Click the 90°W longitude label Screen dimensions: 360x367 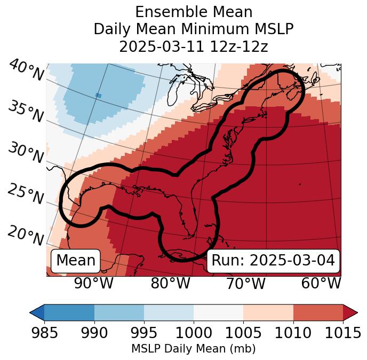pyautogui.click(x=93, y=284)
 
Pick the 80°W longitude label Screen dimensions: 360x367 pyautogui.click(x=170, y=284)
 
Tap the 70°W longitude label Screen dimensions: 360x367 pyautogui.click(x=246, y=284)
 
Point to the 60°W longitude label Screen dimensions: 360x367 pyautogui.click(x=321, y=284)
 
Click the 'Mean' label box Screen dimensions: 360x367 pyautogui.click(x=76, y=261)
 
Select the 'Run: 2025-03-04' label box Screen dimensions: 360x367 pyautogui.click(x=273, y=261)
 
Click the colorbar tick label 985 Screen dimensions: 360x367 pyautogui.click(x=44, y=333)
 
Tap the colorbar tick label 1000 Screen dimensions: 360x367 pyautogui.click(x=194, y=333)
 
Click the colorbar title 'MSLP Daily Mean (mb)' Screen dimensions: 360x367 pyautogui.click(x=193, y=349)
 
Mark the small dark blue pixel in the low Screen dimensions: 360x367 pyautogui.click(x=98, y=95)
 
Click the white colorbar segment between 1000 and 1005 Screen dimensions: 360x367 pyautogui.click(x=218, y=312)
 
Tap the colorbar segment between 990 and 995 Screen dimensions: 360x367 pyautogui.click(x=119, y=312)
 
